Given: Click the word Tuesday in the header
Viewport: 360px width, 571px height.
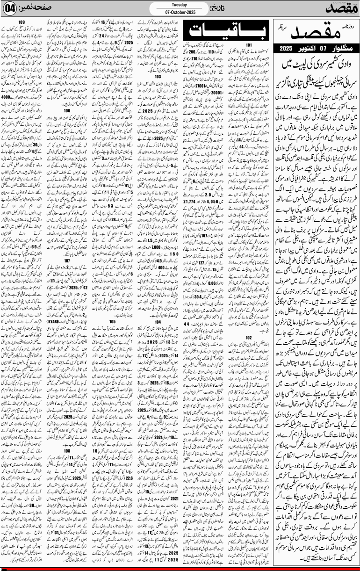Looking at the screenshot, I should coord(180,3).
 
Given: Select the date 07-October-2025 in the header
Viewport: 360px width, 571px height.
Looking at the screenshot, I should coord(180,10).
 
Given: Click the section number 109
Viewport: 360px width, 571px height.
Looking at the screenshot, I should coord(22,22).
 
